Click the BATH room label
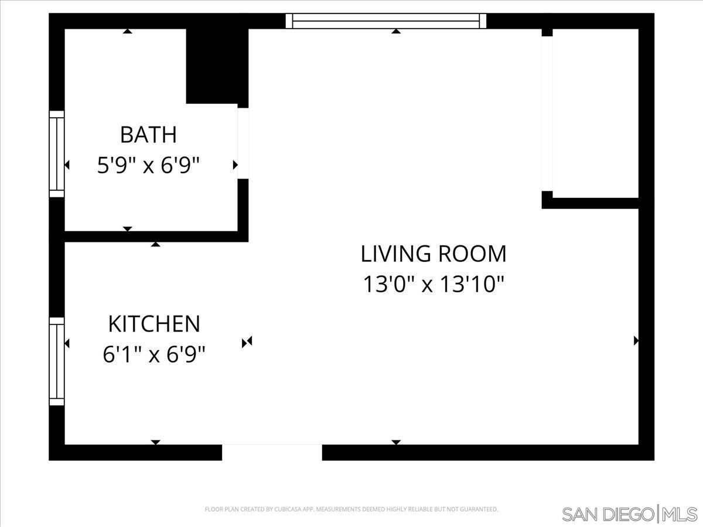pos(148,135)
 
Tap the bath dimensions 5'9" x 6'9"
pos(148,166)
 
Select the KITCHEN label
pos(154,324)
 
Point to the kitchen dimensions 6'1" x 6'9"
pos(154,355)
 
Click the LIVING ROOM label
pos(434,254)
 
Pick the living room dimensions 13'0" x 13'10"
pos(434,285)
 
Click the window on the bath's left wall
pos(56,154)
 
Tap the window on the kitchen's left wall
pos(56,361)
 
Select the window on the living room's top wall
pos(386,21)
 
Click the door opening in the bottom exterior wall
pos(272,452)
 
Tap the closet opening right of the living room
pos(547,114)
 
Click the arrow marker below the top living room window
pos(396,32)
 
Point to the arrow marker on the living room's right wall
pos(636,341)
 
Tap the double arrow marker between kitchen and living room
pos(247,342)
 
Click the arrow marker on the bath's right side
pos(235,165)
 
